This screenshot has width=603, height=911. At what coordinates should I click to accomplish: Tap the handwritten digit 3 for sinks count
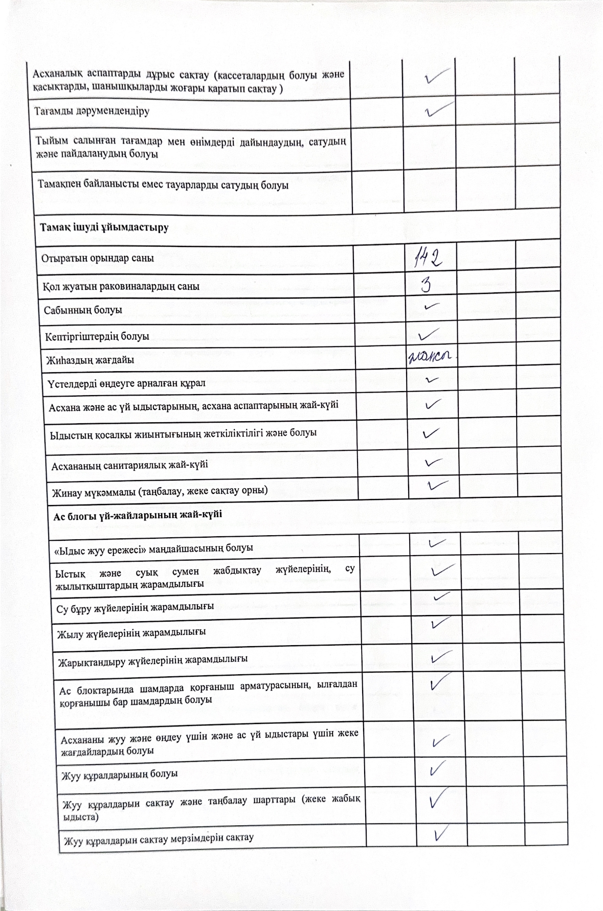coord(426,285)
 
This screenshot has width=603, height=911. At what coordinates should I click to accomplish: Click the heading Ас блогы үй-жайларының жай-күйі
coord(138,514)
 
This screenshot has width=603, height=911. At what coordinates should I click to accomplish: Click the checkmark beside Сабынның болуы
coord(432,307)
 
